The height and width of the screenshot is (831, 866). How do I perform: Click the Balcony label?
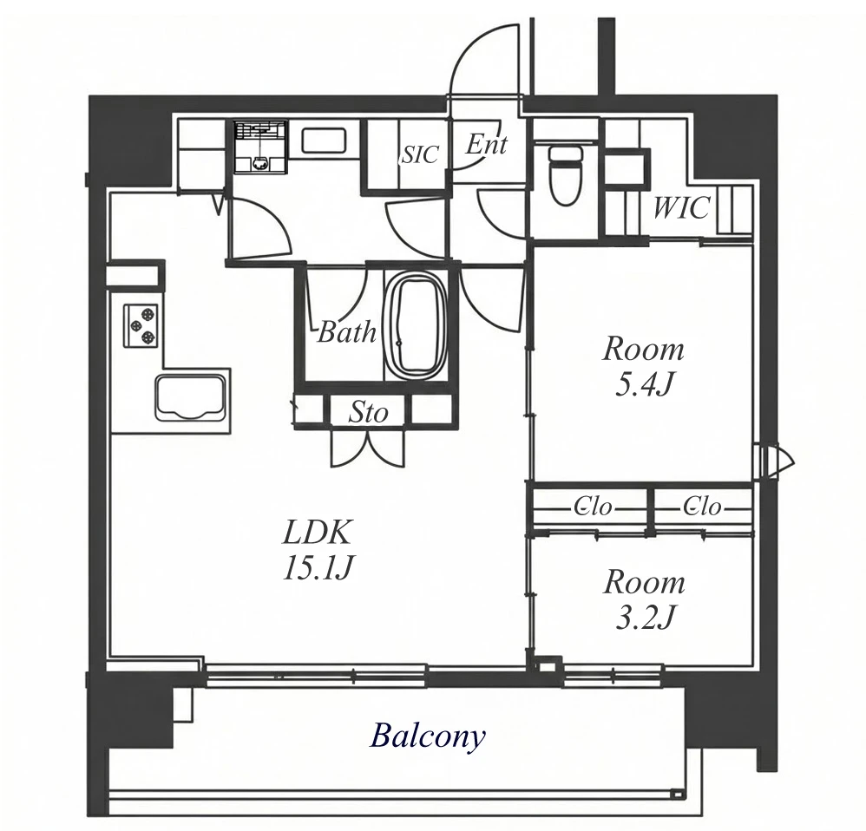[428, 737]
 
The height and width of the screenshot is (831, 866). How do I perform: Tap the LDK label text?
[317, 533]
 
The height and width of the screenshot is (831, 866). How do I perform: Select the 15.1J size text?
[317, 567]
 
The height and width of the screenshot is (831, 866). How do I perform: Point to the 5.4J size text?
[643, 385]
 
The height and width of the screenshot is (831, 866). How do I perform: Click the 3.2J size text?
[643, 618]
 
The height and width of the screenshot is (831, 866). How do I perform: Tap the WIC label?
[681, 208]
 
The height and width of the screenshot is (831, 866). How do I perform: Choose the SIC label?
[420, 155]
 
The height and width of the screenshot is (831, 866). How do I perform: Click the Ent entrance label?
[487, 145]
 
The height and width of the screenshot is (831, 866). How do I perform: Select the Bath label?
[347, 332]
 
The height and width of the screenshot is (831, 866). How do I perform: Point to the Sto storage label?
[369, 412]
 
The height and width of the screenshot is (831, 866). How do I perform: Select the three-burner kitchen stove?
[142, 326]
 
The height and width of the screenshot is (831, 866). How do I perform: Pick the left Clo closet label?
[594, 507]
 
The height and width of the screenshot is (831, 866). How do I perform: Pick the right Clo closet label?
[702, 507]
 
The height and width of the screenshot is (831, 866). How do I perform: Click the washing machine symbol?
[259, 147]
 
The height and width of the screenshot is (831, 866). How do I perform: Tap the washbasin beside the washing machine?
[324, 141]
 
